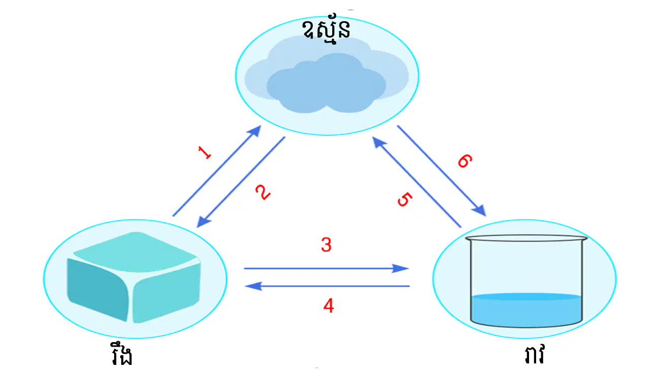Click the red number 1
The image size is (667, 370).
[204, 152]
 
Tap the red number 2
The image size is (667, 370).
[263, 192]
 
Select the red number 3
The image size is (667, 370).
[326, 245]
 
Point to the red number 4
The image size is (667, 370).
[329, 306]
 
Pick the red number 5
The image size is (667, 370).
[405, 199]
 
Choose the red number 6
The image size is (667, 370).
[465, 161]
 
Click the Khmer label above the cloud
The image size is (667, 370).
[326, 29]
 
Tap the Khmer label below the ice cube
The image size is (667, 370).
[121, 354]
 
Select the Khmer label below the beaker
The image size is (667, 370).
[534, 354]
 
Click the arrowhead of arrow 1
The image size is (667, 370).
[255, 131]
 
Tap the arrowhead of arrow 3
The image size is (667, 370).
[401, 268]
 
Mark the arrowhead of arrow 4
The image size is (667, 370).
[253, 286]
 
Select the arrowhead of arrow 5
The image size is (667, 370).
[378, 143]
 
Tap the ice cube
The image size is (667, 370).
[134, 278]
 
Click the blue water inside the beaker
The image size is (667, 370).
[526, 310]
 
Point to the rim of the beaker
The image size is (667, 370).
[526, 238]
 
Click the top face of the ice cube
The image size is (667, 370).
[135, 252]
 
